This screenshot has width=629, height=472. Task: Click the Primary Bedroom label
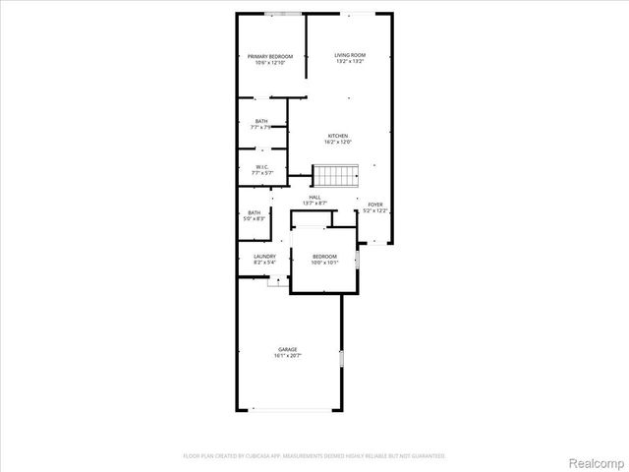click(270, 56)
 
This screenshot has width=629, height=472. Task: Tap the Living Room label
click(349, 55)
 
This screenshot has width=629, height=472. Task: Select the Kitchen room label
click(338, 136)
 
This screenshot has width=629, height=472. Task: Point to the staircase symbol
click(335, 177)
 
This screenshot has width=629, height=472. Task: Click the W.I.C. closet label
click(262, 167)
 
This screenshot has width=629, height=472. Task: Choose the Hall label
click(314, 197)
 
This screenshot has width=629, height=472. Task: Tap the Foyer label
click(375, 205)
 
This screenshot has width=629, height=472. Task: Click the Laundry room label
click(251, 257)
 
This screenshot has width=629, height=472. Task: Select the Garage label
click(287, 349)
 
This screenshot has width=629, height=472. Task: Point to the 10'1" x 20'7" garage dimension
click(287, 356)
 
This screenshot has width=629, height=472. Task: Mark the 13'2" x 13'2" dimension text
click(349, 62)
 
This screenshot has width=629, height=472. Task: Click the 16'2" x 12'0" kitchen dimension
click(338, 143)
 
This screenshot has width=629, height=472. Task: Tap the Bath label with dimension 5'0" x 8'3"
click(255, 212)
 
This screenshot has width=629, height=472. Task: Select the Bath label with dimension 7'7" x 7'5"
click(260, 121)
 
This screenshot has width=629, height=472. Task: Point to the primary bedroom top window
click(283, 13)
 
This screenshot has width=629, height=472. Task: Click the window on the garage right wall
click(341, 359)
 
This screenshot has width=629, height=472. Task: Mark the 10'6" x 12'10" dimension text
click(270, 63)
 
